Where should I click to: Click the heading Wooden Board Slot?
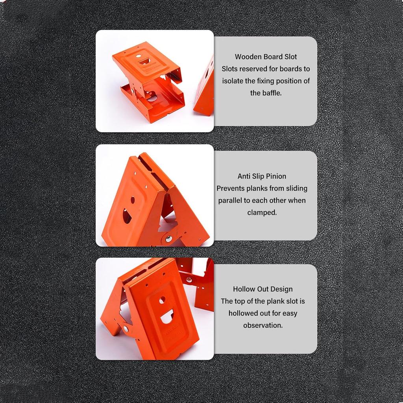click(x=266, y=57)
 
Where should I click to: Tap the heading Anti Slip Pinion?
click(x=262, y=176)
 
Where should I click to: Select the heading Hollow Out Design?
click(x=263, y=289)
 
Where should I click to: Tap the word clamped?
click(x=262, y=213)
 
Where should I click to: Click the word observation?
click(x=263, y=325)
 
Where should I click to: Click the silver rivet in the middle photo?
click(x=169, y=238)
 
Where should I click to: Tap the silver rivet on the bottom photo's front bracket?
click(x=126, y=328)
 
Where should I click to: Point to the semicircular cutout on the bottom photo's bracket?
click(x=167, y=316)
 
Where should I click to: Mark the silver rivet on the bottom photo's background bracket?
click(x=189, y=280)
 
